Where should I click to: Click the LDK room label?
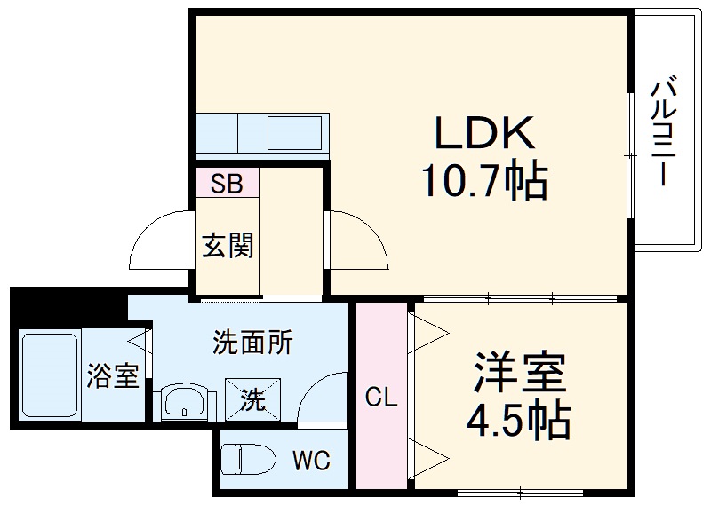(x=484, y=132)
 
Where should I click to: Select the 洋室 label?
(x=520, y=372)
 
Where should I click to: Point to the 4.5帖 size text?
(x=519, y=420)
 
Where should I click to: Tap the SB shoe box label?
(x=228, y=184)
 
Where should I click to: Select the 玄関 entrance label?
(x=228, y=246)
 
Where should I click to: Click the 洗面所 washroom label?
(x=253, y=343)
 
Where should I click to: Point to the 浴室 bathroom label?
(x=113, y=376)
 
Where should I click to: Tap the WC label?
(x=311, y=461)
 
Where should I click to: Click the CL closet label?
(x=381, y=398)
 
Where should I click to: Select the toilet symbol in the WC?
(x=249, y=458)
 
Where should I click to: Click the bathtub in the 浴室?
(x=50, y=375)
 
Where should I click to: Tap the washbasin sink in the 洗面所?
(x=184, y=401)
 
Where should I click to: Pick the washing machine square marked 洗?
(x=253, y=399)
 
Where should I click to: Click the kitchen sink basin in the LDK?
(x=295, y=133)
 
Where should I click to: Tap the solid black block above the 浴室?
(x=68, y=304)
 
